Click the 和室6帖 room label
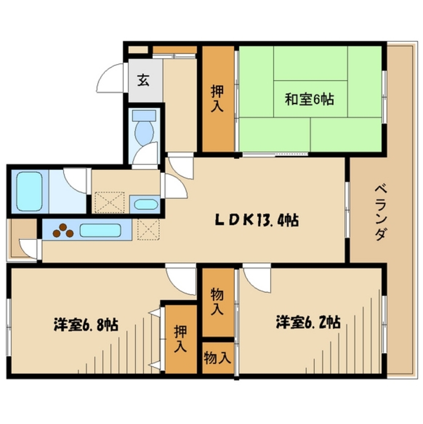click(x=309, y=100)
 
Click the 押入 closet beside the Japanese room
click(x=218, y=98)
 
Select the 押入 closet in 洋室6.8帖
click(x=180, y=339)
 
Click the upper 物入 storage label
click(x=217, y=302)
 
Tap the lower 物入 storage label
click(x=217, y=358)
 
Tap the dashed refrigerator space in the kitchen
click(x=148, y=229)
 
